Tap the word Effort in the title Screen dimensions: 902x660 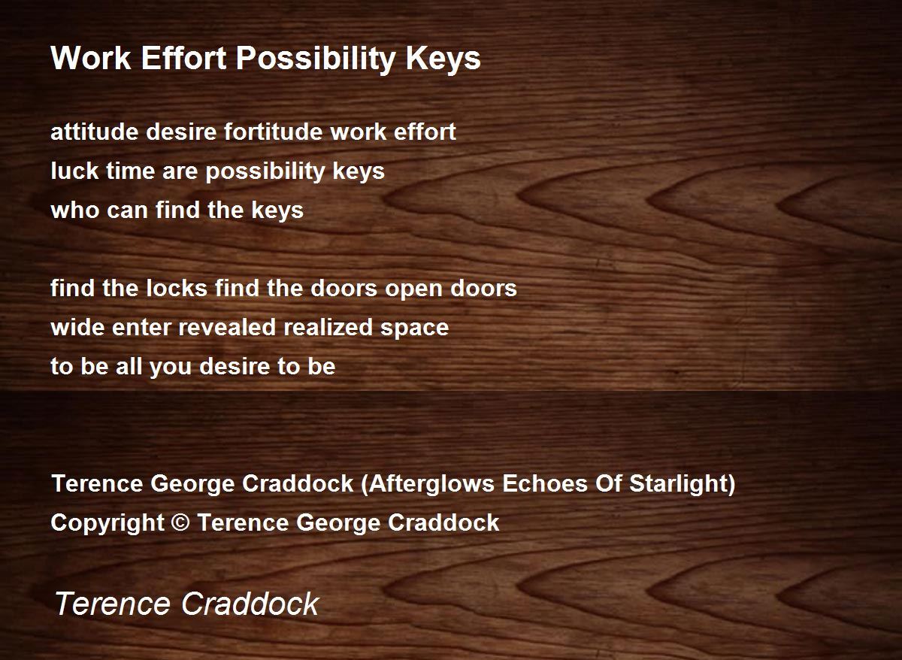coord(183,58)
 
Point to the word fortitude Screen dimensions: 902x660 coord(273,132)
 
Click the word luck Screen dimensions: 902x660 coord(74,171)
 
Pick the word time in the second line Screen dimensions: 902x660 coord(131,171)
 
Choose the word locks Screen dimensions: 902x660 coord(177,288)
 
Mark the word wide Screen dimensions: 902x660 coord(77,327)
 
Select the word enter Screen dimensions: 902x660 coord(142,328)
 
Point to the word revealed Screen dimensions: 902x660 coord(228,327)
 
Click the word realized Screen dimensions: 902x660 coord(328,327)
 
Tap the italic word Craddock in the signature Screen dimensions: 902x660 coord(250,604)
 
